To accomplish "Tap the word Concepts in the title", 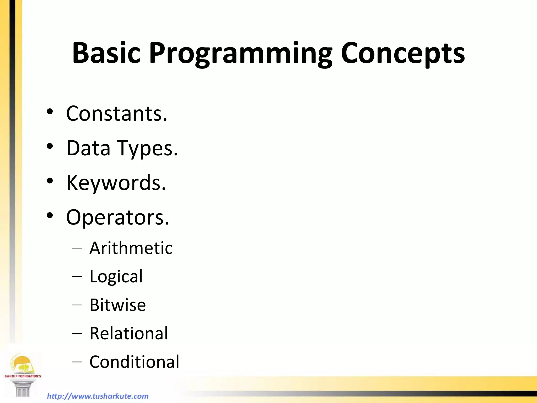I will coord(403,54).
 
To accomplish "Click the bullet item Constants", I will coord(116,114).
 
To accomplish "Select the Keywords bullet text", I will coord(116,183).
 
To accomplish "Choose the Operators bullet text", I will coord(117,218).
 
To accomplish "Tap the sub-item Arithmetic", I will coord(131,248).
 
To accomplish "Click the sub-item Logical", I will coord(116,277).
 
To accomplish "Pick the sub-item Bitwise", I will coord(117,305).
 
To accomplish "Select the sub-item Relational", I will coord(128,333).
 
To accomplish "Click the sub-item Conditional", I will coord(134,362).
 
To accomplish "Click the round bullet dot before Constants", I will coord(50,112).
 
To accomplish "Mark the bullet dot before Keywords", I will coord(50,181).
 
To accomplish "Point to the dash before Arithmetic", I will coord(77,248).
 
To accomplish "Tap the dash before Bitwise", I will coord(77,305).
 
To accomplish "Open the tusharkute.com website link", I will coord(98,396).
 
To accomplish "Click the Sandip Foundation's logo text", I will coord(23,376).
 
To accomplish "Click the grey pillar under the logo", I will coord(23,389).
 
